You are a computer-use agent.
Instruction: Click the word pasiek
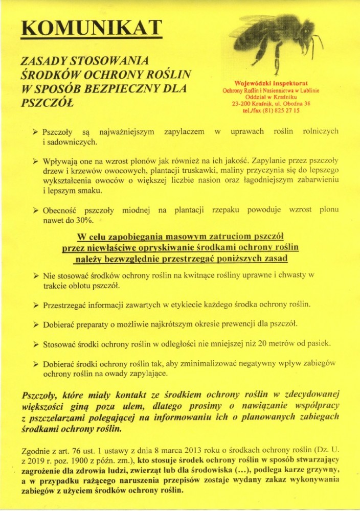[x=318, y=343]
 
